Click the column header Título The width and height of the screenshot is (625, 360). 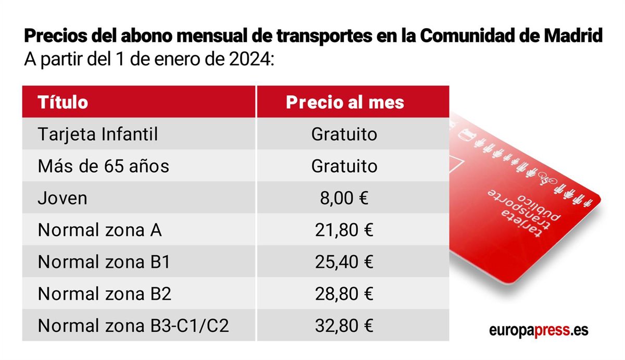(x=63, y=102)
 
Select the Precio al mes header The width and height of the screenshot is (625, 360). (x=345, y=102)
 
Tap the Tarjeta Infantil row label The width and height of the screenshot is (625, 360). (x=98, y=134)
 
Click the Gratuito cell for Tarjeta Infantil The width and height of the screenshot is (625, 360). (x=344, y=134)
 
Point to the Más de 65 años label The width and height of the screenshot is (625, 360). (x=104, y=166)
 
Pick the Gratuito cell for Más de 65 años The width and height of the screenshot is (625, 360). (x=344, y=166)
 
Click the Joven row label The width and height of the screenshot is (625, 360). (x=63, y=198)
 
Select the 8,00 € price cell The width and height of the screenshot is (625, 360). (x=344, y=198)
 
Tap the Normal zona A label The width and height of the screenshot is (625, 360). (x=99, y=230)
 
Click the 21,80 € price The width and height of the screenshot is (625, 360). (x=344, y=230)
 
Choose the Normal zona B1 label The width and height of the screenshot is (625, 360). (x=104, y=262)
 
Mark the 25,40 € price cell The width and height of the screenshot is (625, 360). (x=344, y=262)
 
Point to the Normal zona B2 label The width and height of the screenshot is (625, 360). (x=105, y=294)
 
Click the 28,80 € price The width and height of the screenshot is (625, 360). (x=344, y=294)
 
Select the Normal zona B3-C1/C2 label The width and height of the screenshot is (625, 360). (x=134, y=326)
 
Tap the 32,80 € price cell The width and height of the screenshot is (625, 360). (x=344, y=326)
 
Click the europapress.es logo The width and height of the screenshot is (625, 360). (x=539, y=331)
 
